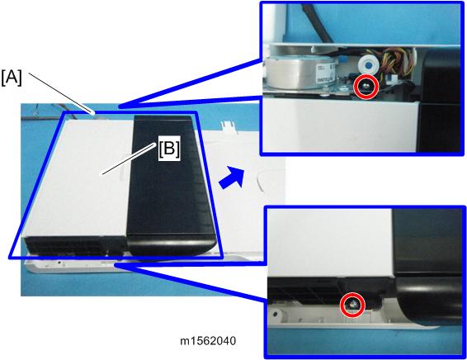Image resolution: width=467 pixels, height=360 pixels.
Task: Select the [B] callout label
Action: pyautogui.click(x=169, y=149)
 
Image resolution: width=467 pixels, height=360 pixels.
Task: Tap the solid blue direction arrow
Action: pyautogui.click(x=231, y=178)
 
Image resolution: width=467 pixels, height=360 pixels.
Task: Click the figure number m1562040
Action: pyautogui.click(x=208, y=341)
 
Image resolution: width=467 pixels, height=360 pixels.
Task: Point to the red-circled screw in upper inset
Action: pyautogui.click(x=366, y=87)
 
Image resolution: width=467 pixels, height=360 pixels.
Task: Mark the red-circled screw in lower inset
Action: pyautogui.click(x=353, y=305)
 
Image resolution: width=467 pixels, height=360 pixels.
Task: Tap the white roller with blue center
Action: pyautogui.click(x=368, y=64)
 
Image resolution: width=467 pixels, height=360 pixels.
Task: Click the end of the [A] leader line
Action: pyautogui.click(x=94, y=113)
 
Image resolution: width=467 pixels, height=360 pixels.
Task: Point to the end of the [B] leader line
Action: pyautogui.click(x=102, y=174)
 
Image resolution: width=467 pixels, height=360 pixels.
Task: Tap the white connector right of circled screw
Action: pyautogui.click(x=391, y=79)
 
